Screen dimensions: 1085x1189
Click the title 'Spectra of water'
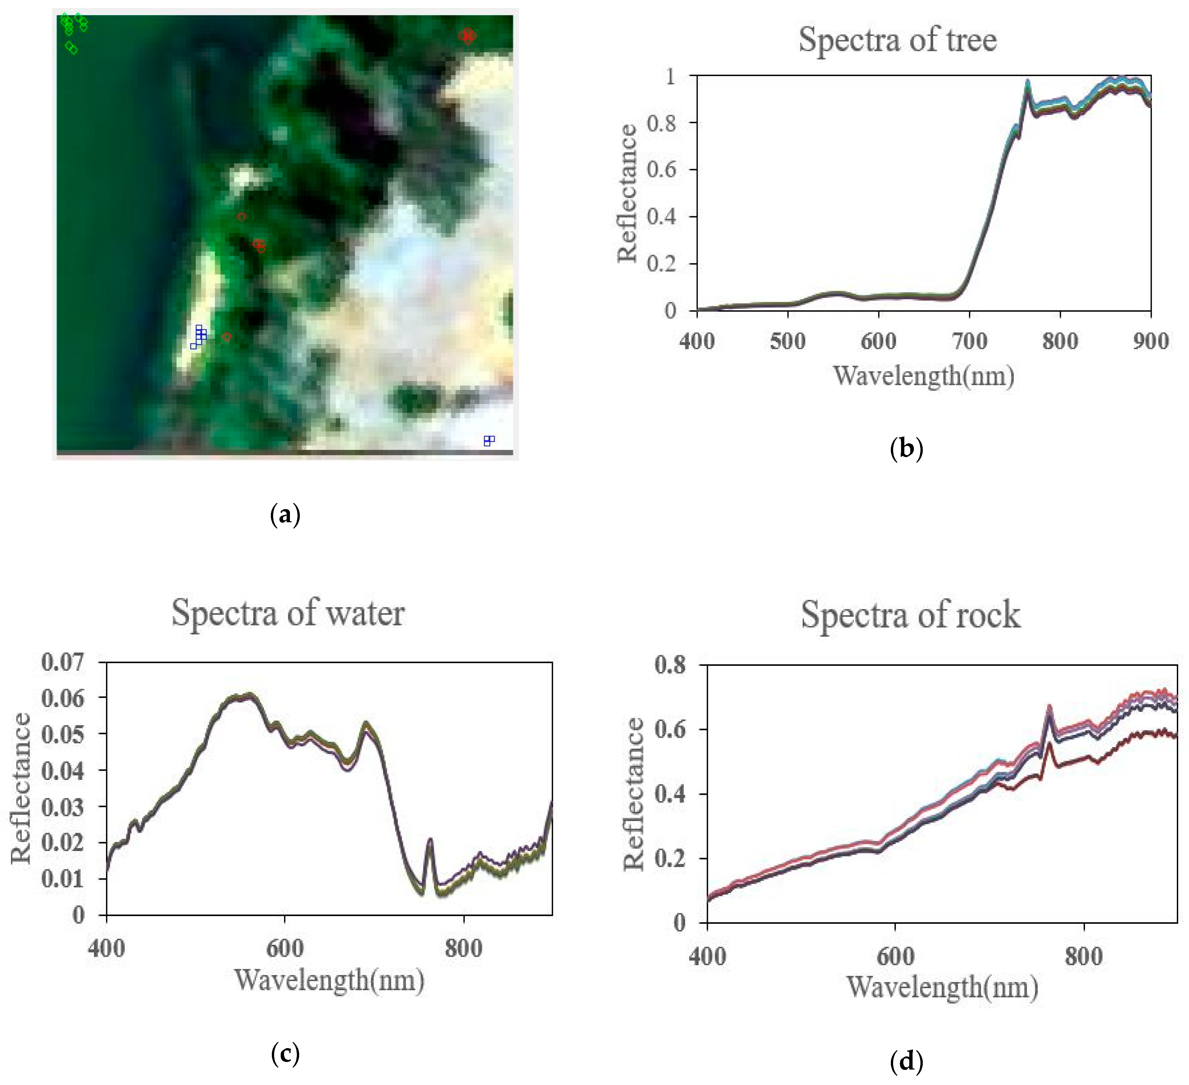(x=288, y=613)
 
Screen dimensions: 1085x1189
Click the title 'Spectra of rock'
(x=910, y=615)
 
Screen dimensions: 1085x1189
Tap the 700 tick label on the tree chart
(x=969, y=341)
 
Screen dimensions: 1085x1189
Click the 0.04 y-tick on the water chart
(x=63, y=770)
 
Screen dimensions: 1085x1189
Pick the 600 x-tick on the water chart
(x=285, y=948)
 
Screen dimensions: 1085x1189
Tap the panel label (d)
(x=906, y=1061)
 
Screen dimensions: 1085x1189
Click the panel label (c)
(x=285, y=1053)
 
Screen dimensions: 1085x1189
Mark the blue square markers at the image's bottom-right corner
(x=489, y=441)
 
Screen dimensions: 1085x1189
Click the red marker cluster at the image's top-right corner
(x=467, y=36)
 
